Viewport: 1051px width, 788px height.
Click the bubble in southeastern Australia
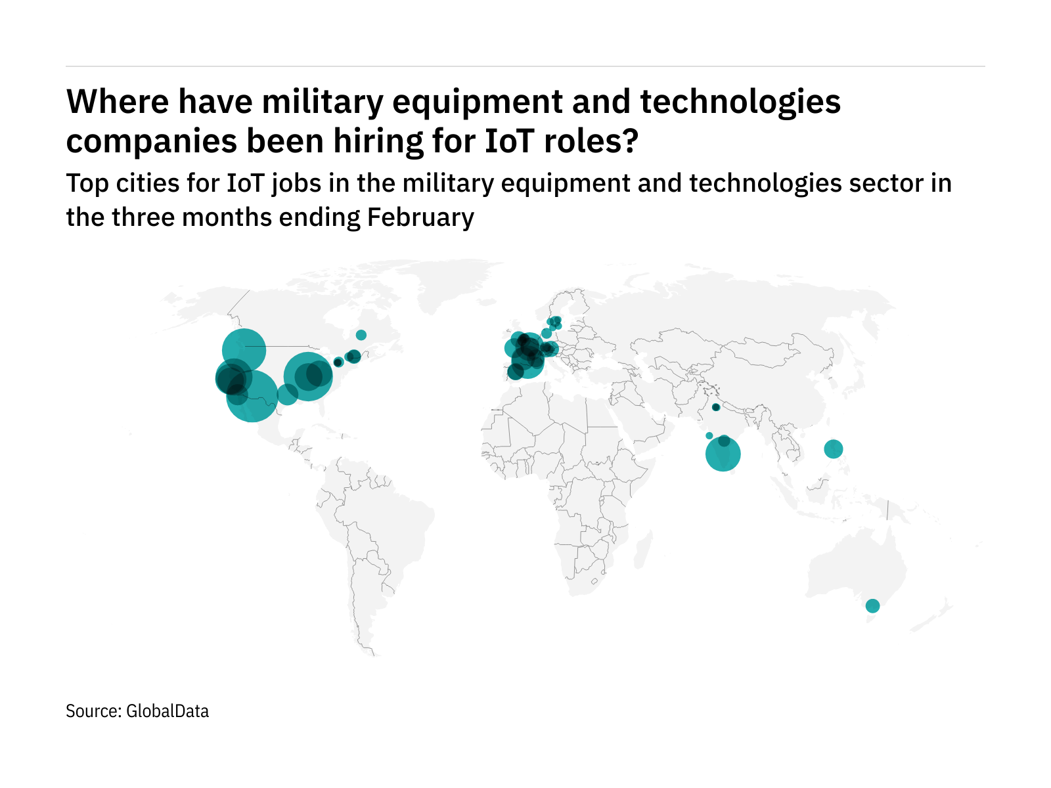point(872,605)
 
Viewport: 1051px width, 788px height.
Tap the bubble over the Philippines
point(834,449)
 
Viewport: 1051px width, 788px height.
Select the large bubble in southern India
point(723,454)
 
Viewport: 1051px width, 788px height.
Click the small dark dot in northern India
point(716,407)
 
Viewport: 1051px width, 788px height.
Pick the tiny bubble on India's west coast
point(709,435)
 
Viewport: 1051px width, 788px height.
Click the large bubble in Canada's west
point(244,350)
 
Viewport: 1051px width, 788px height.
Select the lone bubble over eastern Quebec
point(361,335)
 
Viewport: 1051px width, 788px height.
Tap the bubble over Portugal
point(515,372)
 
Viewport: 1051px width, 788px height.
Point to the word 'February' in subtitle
point(420,217)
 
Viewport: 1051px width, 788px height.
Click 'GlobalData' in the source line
point(168,711)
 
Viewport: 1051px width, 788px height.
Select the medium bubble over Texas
point(287,394)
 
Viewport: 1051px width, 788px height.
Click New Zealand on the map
point(936,614)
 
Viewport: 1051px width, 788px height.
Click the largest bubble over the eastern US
point(307,376)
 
